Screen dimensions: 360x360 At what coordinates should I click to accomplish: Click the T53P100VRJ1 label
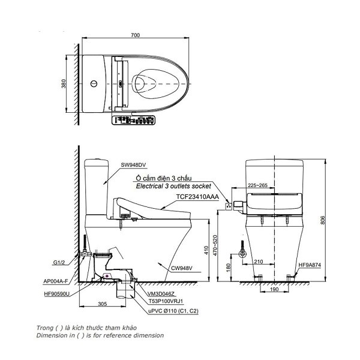click(x=167, y=303)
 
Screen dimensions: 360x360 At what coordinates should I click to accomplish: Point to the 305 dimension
click(x=102, y=304)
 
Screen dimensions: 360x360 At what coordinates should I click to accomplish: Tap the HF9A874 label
click(x=309, y=265)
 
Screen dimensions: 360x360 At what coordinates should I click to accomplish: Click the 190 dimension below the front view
click(x=273, y=290)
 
